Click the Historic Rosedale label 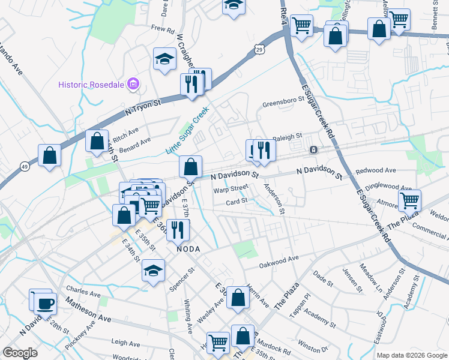click(x=92, y=84)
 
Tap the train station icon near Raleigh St click(x=313, y=149)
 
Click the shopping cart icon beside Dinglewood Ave click(x=409, y=200)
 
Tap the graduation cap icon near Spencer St click(x=154, y=270)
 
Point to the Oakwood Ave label click(x=279, y=262)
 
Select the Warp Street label click(x=231, y=188)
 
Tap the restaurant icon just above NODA click(x=178, y=229)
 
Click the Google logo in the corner click(x=20, y=352)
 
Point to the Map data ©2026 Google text click(x=411, y=355)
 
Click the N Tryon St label click(x=143, y=107)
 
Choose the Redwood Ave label click(x=376, y=171)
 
